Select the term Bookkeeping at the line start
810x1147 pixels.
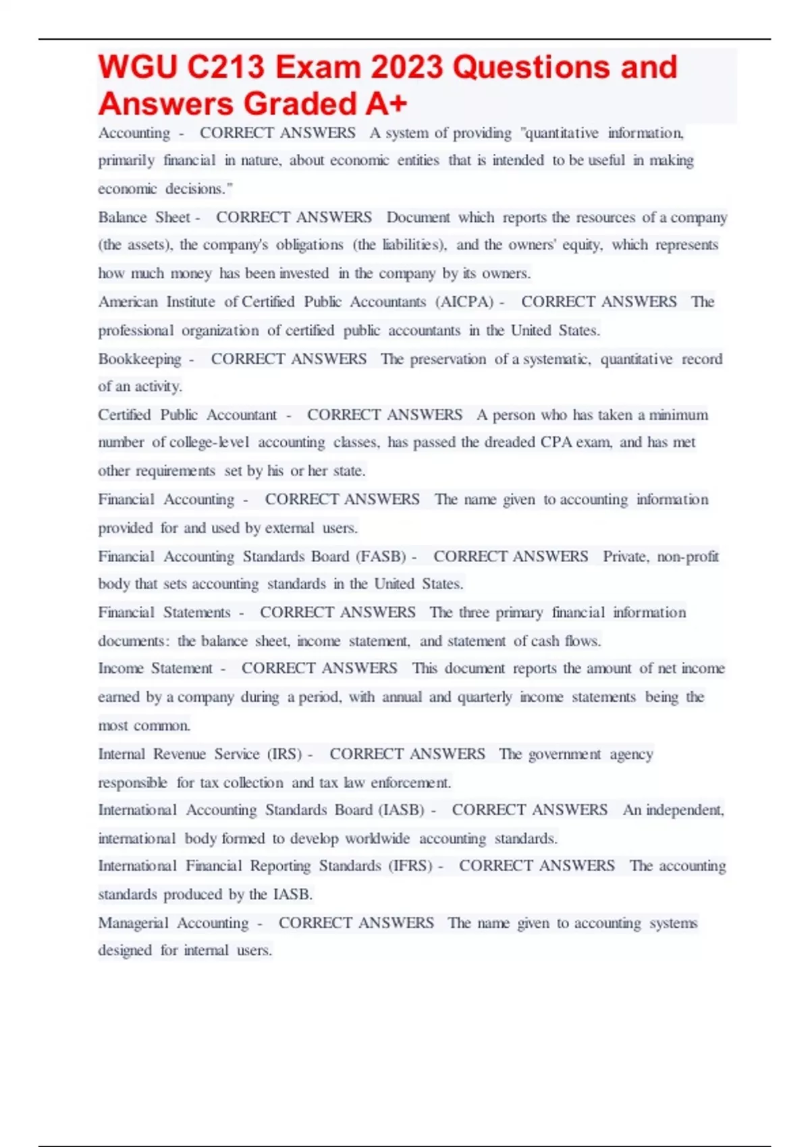[x=140, y=359]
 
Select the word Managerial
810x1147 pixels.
[x=133, y=922]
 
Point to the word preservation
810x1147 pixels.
[x=448, y=359]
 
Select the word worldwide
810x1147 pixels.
[x=377, y=839]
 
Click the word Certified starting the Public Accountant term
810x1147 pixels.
[x=124, y=415]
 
